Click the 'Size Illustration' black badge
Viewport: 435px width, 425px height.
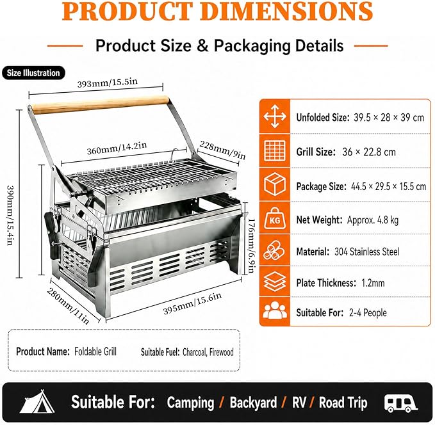[x=33, y=73]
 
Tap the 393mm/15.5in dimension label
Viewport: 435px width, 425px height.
[x=108, y=83]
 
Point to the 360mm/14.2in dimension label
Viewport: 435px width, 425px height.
[x=117, y=148]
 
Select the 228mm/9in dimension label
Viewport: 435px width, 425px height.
[x=222, y=150]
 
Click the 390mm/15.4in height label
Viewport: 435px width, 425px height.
[x=10, y=215]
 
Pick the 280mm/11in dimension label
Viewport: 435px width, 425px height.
[x=68, y=306]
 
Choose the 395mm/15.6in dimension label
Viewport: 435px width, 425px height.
[x=192, y=303]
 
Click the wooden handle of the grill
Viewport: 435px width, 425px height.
[x=100, y=104]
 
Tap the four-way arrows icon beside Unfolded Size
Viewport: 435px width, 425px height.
[x=275, y=116]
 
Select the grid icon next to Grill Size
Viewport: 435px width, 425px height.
[x=275, y=150]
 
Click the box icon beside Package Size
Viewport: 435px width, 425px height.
[x=275, y=184]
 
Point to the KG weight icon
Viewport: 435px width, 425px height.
[x=275, y=218]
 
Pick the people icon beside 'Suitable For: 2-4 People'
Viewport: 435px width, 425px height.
[x=275, y=310]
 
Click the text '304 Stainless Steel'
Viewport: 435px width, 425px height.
[x=366, y=252]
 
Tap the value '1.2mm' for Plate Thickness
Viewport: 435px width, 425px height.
[x=373, y=283]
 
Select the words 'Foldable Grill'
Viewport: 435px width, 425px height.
[x=95, y=351]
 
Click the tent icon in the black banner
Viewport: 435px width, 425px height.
[x=37, y=401]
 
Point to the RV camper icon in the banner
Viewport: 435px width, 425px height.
[x=400, y=403]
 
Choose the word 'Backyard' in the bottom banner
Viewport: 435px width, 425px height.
[x=253, y=403]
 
